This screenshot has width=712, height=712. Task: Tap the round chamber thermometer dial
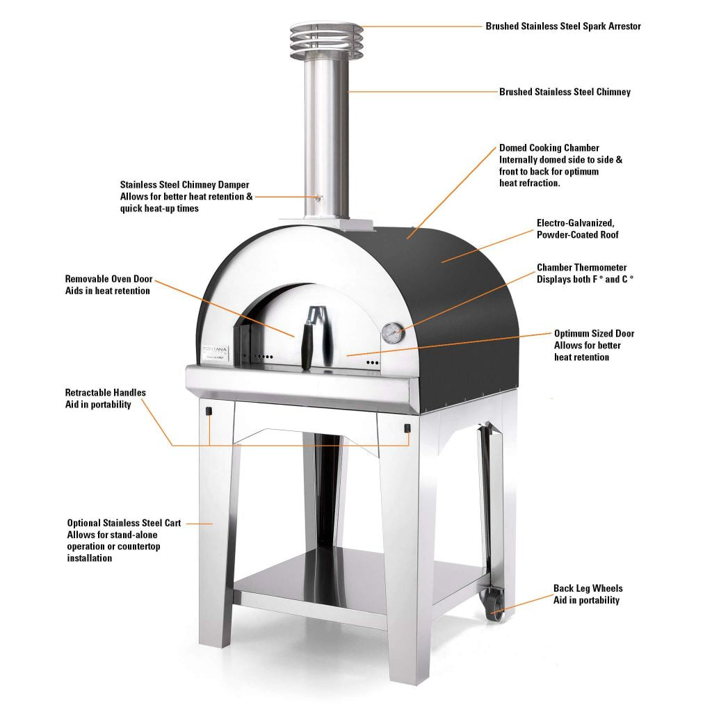392,334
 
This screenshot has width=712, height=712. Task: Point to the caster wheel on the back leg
495,604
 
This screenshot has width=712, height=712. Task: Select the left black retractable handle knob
209,412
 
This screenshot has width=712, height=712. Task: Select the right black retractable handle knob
407,428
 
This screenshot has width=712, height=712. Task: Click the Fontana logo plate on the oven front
216,353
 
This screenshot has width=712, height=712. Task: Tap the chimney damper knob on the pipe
320,197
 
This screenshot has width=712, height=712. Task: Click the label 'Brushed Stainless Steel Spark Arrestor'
563,26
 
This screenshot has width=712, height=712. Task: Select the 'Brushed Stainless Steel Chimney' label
565,92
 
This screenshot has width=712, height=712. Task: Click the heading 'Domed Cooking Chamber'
549,148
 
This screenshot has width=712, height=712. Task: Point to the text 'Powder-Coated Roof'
578,235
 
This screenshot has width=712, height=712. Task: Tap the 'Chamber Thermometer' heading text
582,268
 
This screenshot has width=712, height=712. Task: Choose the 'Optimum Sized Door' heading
594,334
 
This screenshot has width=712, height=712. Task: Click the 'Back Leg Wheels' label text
588,588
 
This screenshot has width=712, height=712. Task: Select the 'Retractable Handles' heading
106,393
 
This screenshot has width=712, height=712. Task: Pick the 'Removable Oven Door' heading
108,280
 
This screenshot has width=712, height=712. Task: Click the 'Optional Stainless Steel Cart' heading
124,523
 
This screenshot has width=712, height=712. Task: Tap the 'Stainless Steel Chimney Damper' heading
184,185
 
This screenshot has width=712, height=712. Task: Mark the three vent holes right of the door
373,362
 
